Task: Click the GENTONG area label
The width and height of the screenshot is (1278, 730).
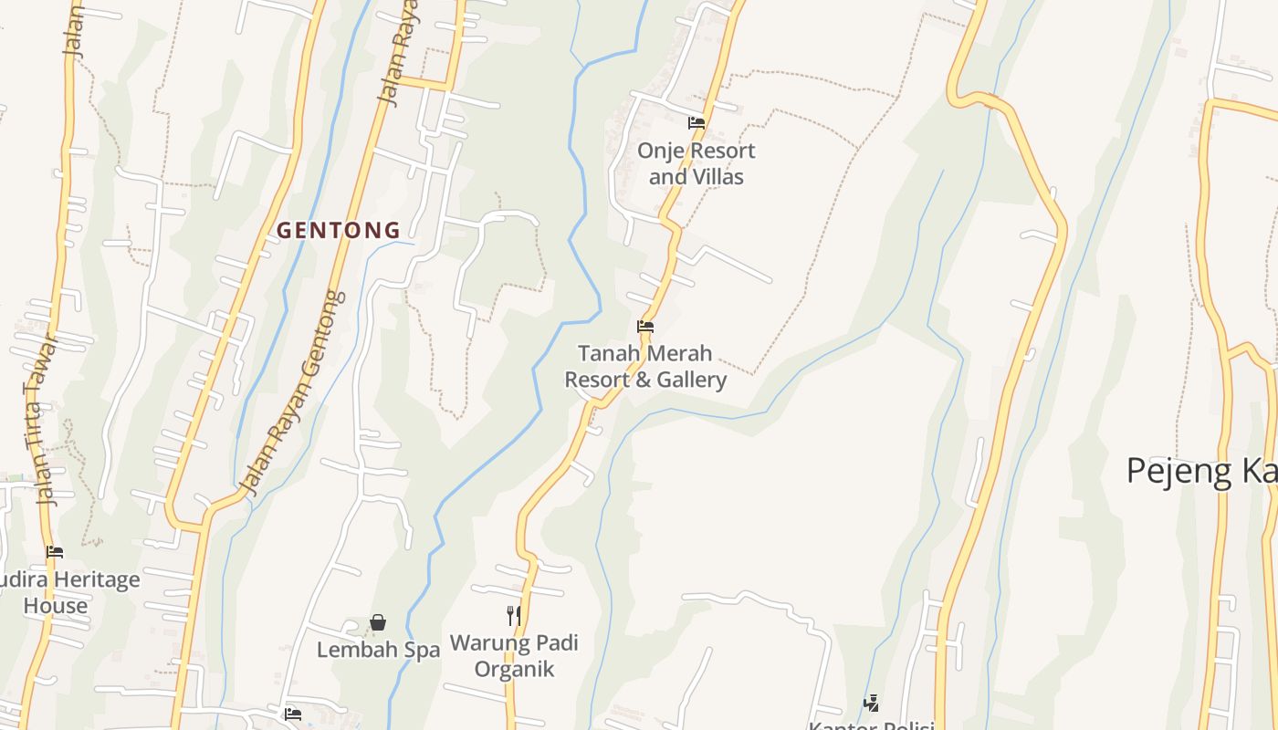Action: pyautogui.click(x=339, y=231)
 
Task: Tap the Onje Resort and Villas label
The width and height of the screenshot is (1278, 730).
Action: pyautogui.click(x=697, y=163)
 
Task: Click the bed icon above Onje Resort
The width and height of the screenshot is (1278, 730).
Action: pyautogui.click(x=697, y=122)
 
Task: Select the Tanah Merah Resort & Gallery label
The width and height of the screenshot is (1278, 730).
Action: pyautogui.click(x=645, y=366)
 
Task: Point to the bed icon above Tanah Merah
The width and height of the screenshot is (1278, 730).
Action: pyautogui.click(x=645, y=326)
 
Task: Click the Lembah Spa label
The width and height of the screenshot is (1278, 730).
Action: pyautogui.click(x=378, y=650)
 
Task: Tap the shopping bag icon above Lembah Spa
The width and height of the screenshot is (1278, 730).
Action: pyautogui.click(x=378, y=622)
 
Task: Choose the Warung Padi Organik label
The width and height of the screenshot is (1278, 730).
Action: pyautogui.click(x=514, y=656)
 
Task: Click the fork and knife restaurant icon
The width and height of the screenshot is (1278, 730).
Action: pyautogui.click(x=514, y=616)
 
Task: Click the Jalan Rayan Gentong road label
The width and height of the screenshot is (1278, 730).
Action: pyautogui.click(x=292, y=392)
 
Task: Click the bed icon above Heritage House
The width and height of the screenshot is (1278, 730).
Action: pyautogui.click(x=55, y=551)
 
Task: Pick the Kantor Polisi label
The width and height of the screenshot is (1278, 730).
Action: pyautogui.click(x=871, y=725)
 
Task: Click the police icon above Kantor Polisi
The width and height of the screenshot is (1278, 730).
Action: pyautogui.click(x=872, y=704)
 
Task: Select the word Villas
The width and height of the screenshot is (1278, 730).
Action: pyautogui.click(x=721, y=176)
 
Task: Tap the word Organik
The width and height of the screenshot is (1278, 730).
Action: pyautogui.click(x=514, y=669)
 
